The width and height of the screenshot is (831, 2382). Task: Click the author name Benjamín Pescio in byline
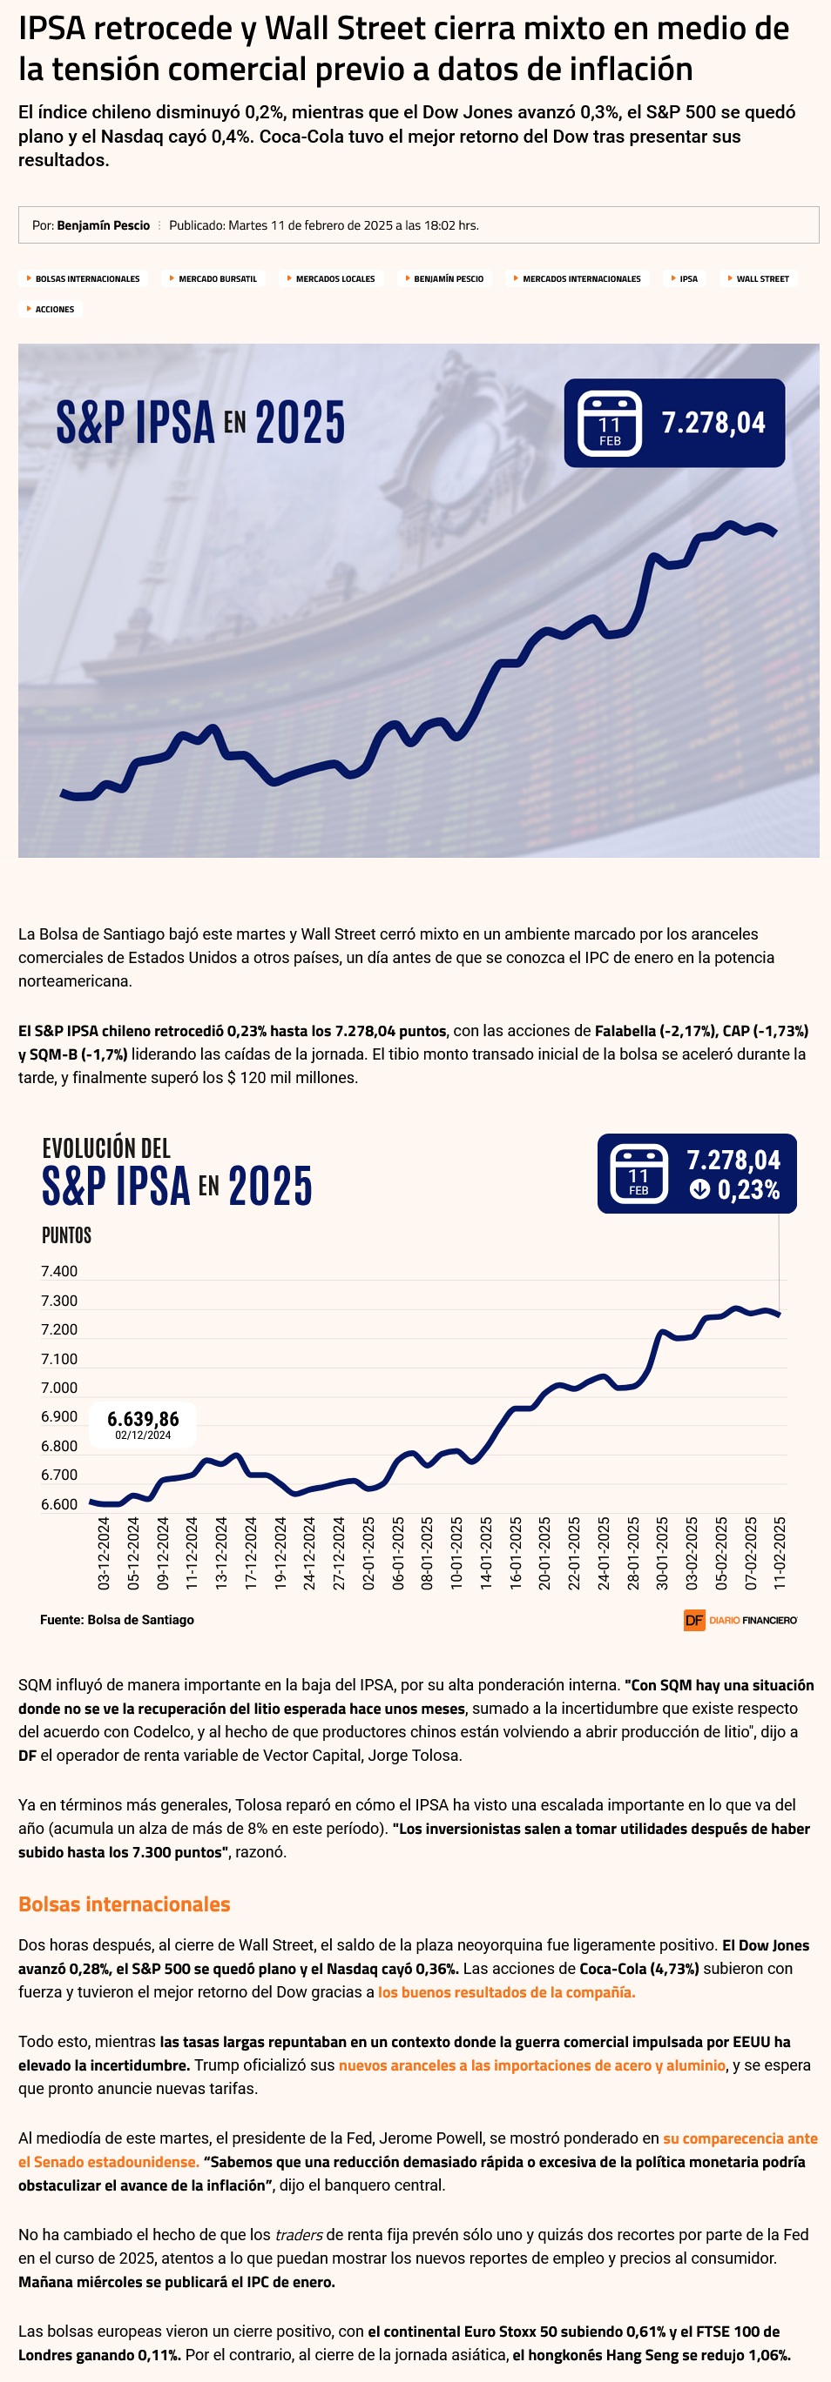[103, 225]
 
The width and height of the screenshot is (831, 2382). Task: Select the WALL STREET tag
[761, 278]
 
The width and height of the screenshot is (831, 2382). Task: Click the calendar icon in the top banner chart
[609, 424]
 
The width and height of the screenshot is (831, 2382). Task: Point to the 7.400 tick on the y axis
[59, 1271]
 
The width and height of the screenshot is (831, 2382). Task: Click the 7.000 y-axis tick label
[59, 1388]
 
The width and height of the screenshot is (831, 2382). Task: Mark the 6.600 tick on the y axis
[59, 1504]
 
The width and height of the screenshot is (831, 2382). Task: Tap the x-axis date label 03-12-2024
[104, 1553]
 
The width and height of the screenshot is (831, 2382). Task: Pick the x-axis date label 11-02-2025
[780, 1553]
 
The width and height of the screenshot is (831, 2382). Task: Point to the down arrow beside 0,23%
[699, 1189]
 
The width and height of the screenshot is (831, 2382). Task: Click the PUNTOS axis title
[66, 1235]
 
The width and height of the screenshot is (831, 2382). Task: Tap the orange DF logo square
[694, 1620]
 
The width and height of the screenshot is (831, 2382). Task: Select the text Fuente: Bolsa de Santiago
[117, 1620]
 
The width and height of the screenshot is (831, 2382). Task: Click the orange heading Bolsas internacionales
[124, 1904]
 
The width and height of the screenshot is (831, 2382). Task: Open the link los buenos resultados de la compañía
[506, 1991]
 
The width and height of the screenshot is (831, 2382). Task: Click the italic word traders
[299, 2235]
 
